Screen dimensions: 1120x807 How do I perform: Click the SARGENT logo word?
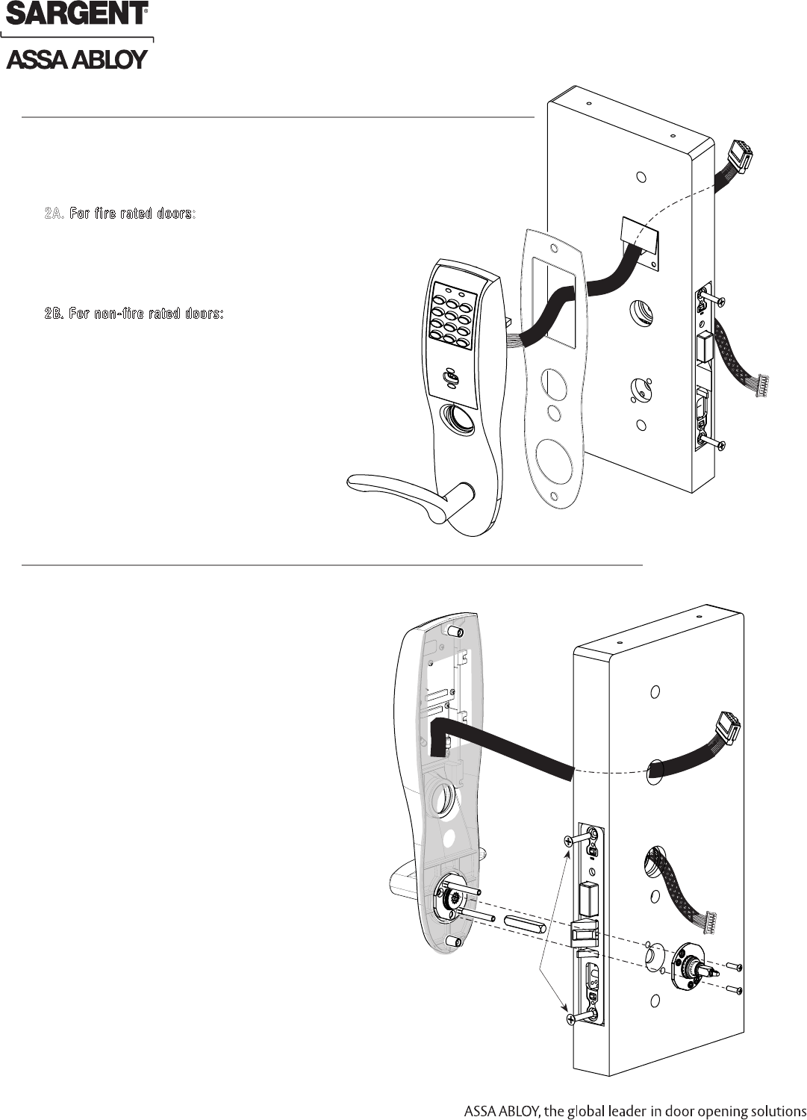[76, 13]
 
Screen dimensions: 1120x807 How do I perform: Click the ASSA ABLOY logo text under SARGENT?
[76, 60]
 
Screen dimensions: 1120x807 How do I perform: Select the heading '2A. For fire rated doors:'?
[119, 214]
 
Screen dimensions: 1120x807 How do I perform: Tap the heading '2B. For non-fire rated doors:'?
[134, 313]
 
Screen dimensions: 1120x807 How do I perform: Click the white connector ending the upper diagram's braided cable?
[763, 387]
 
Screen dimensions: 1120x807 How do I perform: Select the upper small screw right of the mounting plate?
[735, 967]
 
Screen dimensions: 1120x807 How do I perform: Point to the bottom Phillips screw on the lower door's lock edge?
[575, 1018]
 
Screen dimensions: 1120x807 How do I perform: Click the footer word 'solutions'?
[772, 1110]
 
